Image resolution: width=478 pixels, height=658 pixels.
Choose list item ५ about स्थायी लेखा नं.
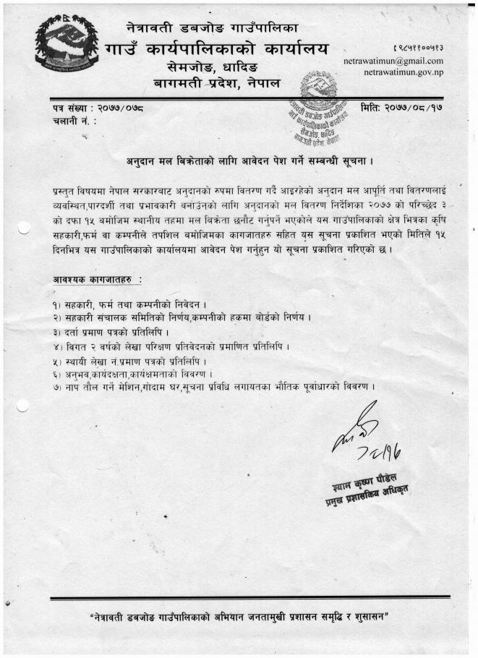tap(130, 360)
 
